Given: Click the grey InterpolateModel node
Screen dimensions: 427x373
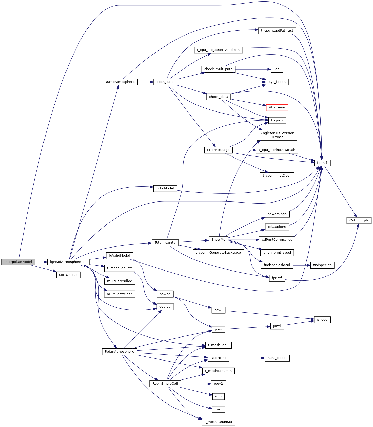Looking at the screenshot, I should [x=18, y=262].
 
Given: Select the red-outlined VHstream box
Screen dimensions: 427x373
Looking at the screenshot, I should [x=277, y=107].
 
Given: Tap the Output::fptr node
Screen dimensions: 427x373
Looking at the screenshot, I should [x=359, y=220].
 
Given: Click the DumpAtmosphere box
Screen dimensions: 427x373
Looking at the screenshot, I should [x=120, y=82].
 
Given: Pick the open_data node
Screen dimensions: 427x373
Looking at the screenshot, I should [x=165, y=82].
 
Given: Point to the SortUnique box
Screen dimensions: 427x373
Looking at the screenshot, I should [x=68, y=275].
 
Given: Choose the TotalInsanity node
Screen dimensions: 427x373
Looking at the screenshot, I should [x=165, y=243].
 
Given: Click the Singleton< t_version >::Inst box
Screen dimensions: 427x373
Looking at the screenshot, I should [x=277, y=135].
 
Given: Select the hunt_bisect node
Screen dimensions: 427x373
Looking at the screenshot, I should [x=277, y=358].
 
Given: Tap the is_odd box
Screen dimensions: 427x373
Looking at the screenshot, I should [x=322, y=320].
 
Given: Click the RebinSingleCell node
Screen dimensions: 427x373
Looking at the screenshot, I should [x=165, y=384].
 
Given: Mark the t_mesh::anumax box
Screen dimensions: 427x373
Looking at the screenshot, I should [x=218, y=422].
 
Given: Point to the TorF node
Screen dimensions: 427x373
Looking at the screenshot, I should [x=277, y=69].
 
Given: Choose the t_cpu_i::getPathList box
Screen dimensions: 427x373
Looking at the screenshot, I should [x=277, y=31].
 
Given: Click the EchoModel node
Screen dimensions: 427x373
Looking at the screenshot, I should [x=165, y=188].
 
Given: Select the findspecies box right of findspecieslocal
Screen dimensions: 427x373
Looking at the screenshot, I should [x=322, y=265].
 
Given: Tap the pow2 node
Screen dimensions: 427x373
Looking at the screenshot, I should [x=218, y=384].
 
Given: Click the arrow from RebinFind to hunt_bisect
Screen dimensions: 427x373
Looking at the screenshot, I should [x=247, y=358].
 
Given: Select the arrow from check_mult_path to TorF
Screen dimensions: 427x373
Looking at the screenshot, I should [x=251, y=69].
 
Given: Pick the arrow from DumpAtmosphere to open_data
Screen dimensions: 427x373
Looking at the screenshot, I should [x=145, y=82].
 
